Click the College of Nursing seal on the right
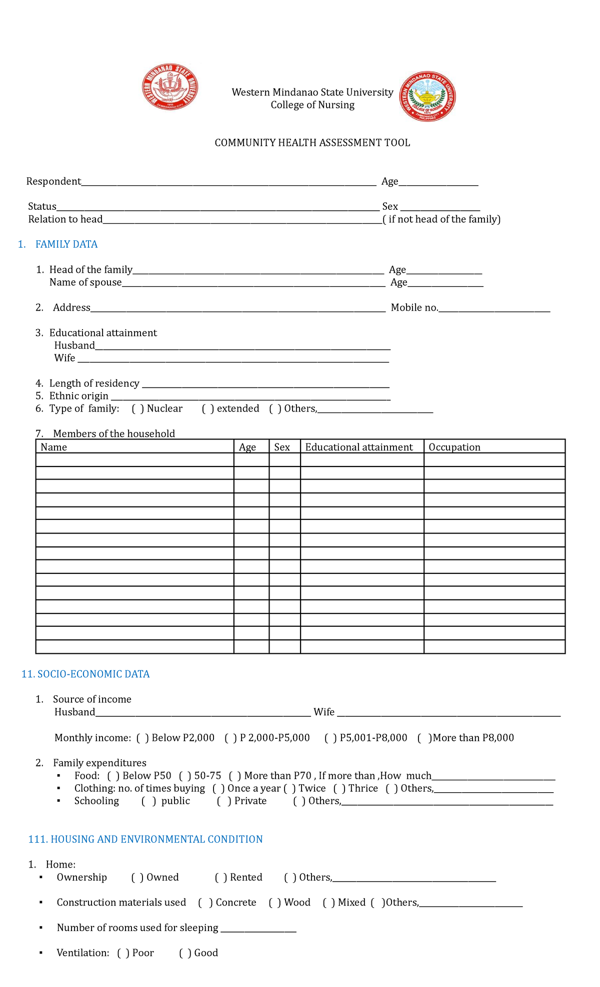coord(427,96)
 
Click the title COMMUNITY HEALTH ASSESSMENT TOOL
coord(312,143)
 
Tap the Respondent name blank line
coord(228,183)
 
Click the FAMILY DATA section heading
coord(66,244)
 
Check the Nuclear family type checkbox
coord(138,409)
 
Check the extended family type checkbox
coord(208,409)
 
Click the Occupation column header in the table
coord(454,447)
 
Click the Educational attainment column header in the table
coord(359,447)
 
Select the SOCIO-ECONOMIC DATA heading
coord(85,674)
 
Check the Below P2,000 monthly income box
coord(142,738)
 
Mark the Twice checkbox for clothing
coord(289,788)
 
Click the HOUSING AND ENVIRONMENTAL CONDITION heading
coord(145,839)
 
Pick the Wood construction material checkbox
coord(274,902)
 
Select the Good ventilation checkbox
coord(185,953)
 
